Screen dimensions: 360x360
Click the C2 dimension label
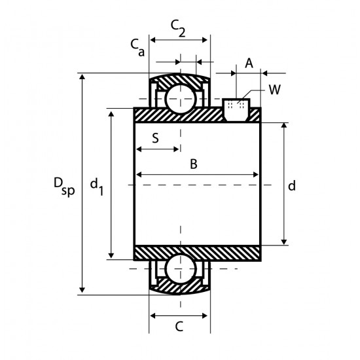pos(178,28)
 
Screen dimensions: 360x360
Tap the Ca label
pos(137,48)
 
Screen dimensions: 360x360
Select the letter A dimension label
pos(249,63)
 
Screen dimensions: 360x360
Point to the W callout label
pos(275,90)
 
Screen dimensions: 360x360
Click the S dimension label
pos(156,138)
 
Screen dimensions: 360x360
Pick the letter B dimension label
pos(194,164)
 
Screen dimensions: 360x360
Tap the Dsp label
pos(64,187)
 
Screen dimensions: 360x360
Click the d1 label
pos(97,187)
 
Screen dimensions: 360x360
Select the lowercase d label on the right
pos(292,185)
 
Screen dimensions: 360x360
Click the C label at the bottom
pos(179,327)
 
